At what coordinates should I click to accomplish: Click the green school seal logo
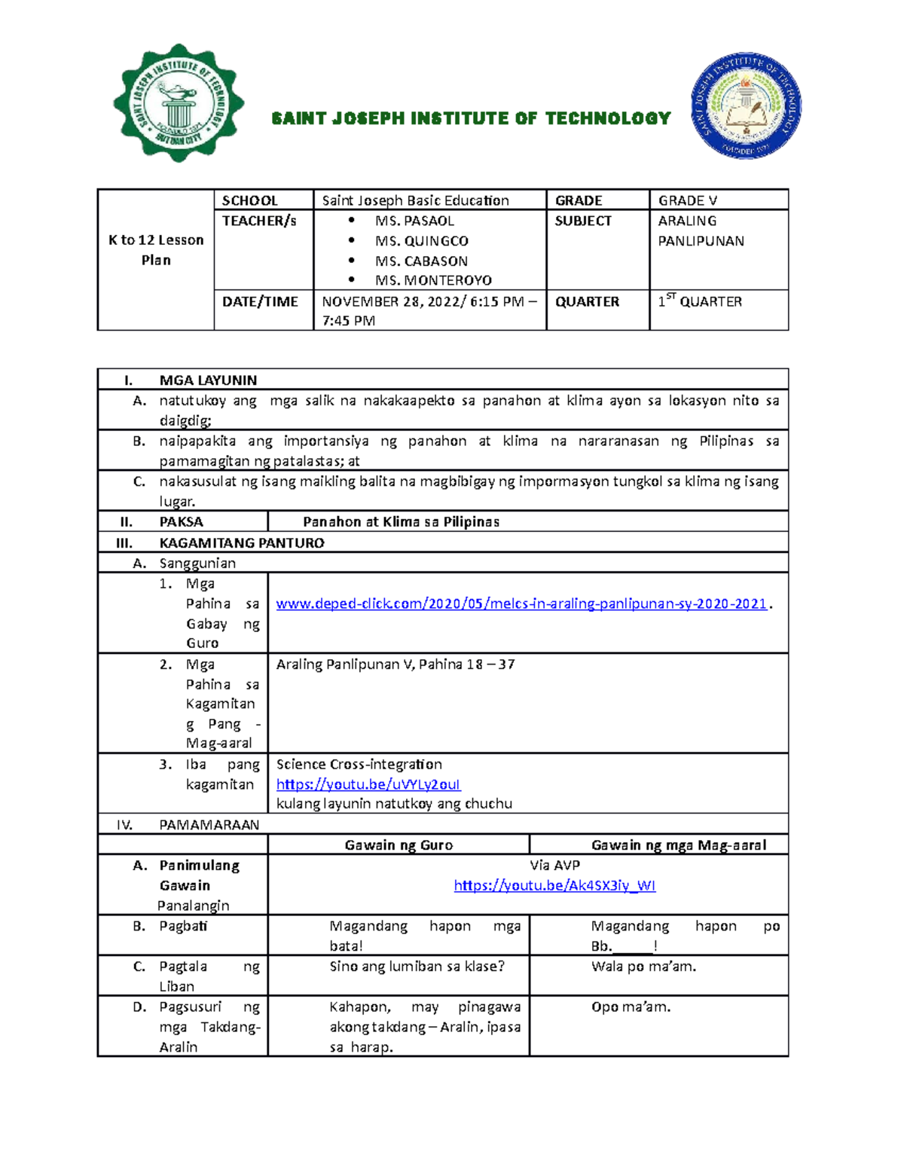(x=179, y=103)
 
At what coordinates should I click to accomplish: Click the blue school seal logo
(x=746, y=105)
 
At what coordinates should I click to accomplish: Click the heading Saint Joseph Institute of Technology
(x=471, y=118)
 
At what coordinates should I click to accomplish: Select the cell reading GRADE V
(x=688, y=200)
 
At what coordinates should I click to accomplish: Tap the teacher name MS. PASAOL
(x=414, y=221)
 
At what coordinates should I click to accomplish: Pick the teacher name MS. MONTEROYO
(x=433, y=280)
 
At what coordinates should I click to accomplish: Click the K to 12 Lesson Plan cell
(x=156, y=250)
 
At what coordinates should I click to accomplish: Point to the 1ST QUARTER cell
(x=700, y=301)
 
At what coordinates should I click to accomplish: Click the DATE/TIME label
(x=260, y=301)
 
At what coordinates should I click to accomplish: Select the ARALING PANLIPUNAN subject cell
(x=701, y=231)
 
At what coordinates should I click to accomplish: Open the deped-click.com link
(x=521, y=603)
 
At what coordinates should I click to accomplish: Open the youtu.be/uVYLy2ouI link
(x=368, y=784)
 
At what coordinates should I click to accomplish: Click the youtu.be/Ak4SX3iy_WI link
(x=554, y=885)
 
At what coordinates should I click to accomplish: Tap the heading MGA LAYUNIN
(x=208, y=380)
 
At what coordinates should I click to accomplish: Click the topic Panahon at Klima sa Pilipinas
(x=401, y=521)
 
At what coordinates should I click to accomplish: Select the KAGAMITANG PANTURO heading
(x=242, y=542)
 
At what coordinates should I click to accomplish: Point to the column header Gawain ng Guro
(x=399, y=845)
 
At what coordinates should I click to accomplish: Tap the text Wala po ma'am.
(x=643, y=966)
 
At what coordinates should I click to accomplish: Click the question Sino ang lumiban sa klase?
(x=417, y=966)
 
